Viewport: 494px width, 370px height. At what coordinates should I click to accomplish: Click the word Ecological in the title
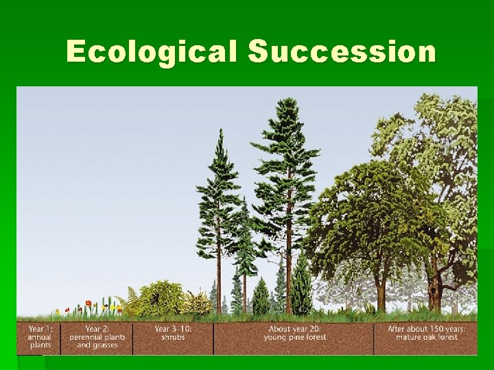(152, 52)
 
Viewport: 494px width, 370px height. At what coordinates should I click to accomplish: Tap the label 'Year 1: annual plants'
(39, 337)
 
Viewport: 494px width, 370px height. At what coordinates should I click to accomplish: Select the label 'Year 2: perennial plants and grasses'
(96, 337)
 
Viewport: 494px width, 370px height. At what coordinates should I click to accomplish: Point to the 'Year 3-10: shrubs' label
(173, 333)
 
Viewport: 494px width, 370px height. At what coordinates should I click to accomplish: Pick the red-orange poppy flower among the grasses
(88, 304)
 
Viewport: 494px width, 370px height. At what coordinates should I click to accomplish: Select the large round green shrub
(161, 297)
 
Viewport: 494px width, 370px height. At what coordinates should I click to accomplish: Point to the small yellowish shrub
(198, 302)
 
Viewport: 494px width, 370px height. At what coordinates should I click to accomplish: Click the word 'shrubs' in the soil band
(173, 337)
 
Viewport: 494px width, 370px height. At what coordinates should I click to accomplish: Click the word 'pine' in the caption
(302, 337)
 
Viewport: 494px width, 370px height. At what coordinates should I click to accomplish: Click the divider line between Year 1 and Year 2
(60, 337)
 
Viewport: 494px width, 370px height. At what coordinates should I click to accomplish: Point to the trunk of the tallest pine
(288, 274)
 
